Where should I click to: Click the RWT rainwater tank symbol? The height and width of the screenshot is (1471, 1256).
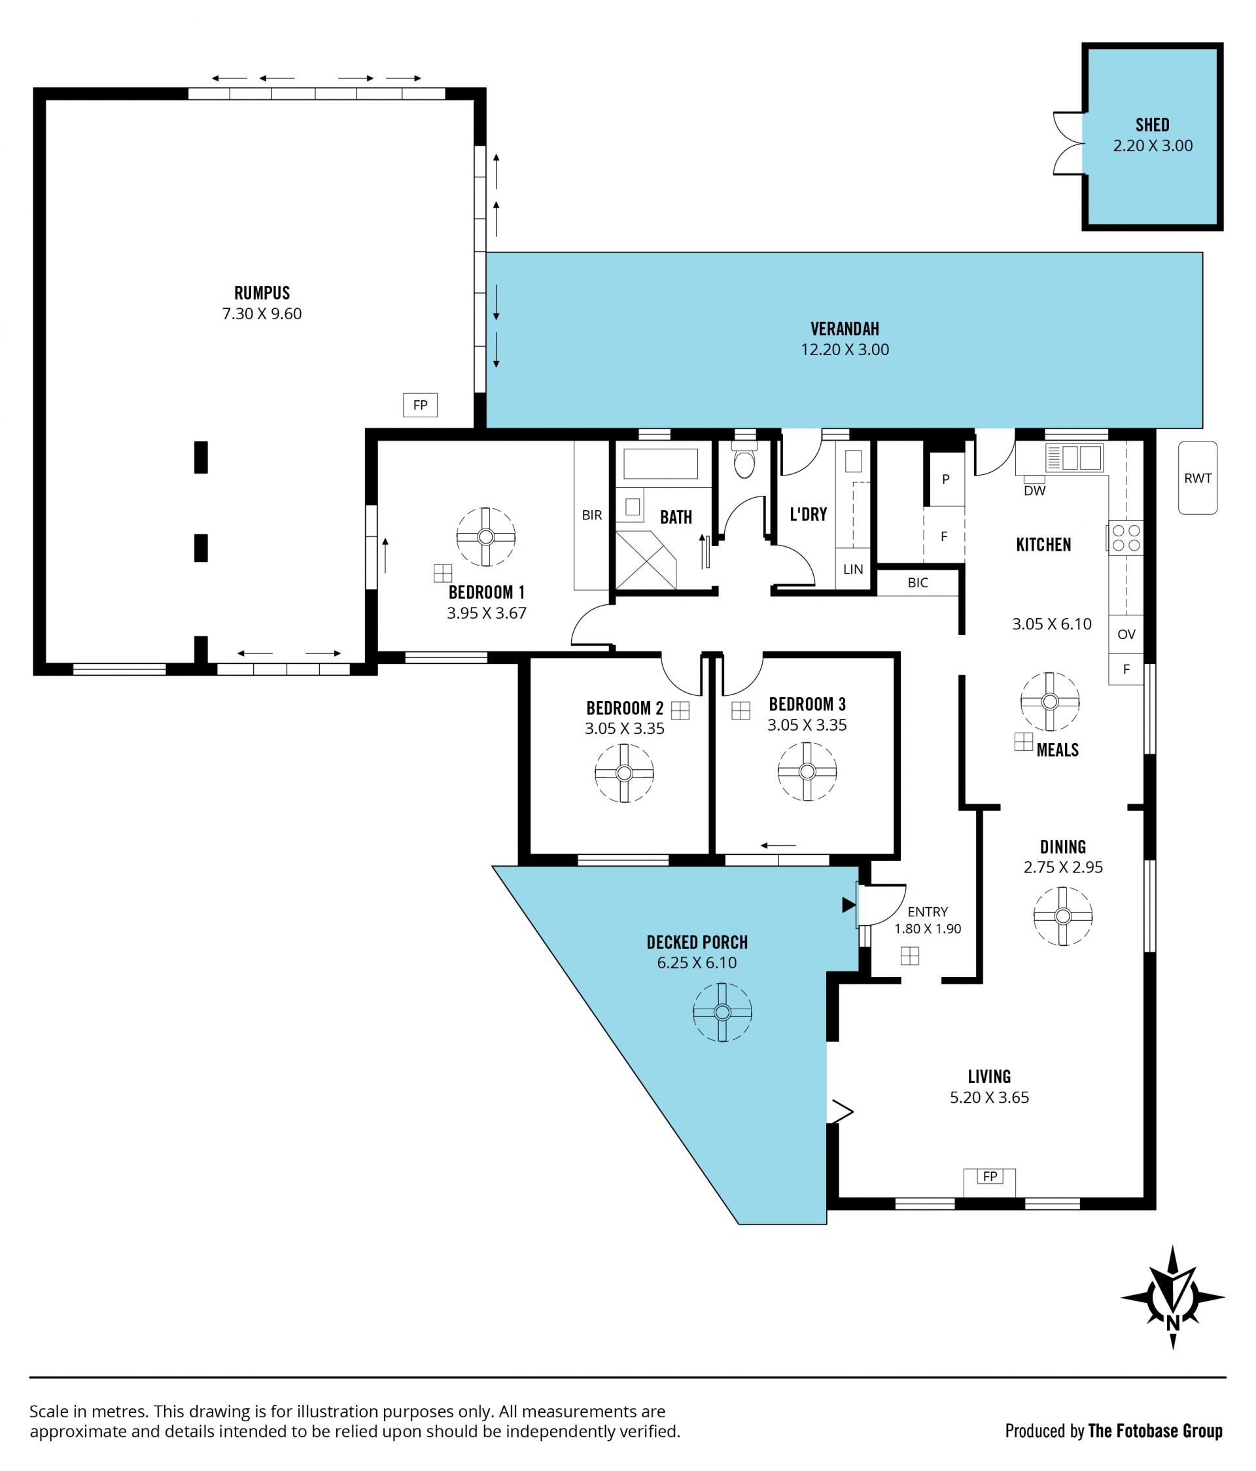point(1197,477)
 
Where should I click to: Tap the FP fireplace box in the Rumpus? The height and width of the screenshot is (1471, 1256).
point(421,406)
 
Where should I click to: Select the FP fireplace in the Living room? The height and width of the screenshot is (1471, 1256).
point(990,1177)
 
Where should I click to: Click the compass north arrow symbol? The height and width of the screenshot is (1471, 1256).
point(1172,1296)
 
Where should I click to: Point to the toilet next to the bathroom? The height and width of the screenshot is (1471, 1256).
point(744,460)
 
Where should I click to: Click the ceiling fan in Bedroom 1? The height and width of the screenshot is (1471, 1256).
point(485,537)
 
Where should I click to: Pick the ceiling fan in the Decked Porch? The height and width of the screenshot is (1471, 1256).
point(722,1012)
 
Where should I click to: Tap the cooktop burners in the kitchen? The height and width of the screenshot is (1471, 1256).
point(1125,538)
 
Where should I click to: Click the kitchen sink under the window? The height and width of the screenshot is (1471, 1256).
point(1074,457)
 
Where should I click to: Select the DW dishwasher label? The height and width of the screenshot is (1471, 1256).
point(1034,490)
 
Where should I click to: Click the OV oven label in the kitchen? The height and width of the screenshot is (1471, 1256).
point(1126,634)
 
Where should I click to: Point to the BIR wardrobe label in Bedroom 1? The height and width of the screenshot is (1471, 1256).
point(591,515)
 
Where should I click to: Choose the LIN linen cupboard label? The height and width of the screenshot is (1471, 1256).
point(853,570)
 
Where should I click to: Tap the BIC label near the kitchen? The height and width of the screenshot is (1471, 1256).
point(917,583)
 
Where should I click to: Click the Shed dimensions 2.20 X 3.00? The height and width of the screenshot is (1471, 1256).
point(1153,146)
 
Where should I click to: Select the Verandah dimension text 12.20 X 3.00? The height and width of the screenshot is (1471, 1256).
point(845,349)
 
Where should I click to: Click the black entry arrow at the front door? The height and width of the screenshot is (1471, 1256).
point(848,905)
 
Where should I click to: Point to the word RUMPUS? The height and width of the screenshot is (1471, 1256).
point(262,292)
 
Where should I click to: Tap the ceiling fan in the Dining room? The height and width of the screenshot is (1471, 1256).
point(1062,916)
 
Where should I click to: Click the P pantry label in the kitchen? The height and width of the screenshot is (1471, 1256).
point(945,479)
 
